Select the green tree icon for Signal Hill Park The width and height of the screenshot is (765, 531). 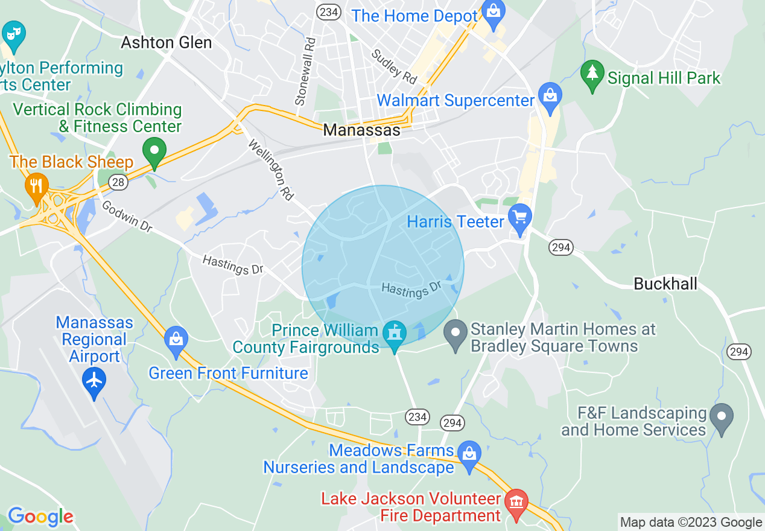click(x=592, y=74)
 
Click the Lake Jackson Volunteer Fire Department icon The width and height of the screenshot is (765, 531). click(x=516, y=504)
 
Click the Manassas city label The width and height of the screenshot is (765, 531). click(x=361, y=130)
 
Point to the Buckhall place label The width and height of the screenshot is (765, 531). click(x=665, y=284)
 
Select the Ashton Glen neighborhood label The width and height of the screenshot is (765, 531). click(x=167, y=42)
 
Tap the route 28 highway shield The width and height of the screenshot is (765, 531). click(x=118, y=182)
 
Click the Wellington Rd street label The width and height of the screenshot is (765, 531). click(x=271, y=171)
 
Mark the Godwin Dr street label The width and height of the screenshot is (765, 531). click(x=127, y=217)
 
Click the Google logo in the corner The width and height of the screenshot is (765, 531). click(x=40, y=517)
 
